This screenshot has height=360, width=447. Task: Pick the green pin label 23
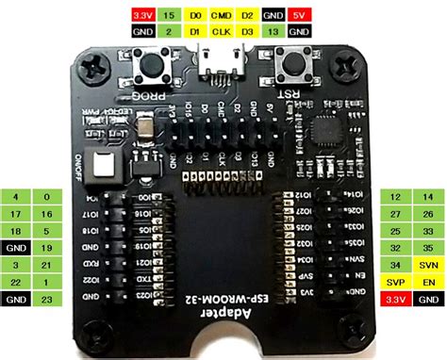click(x=46, y=300)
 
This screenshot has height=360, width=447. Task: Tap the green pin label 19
click(x=46, y=248)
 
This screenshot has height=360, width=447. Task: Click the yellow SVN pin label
click(x=427, y=265)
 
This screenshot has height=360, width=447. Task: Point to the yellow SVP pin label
click(x=396, y=282)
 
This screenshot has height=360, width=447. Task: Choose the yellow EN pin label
click(x=427, y=282)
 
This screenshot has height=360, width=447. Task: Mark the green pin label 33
click(x=427, y=231)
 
